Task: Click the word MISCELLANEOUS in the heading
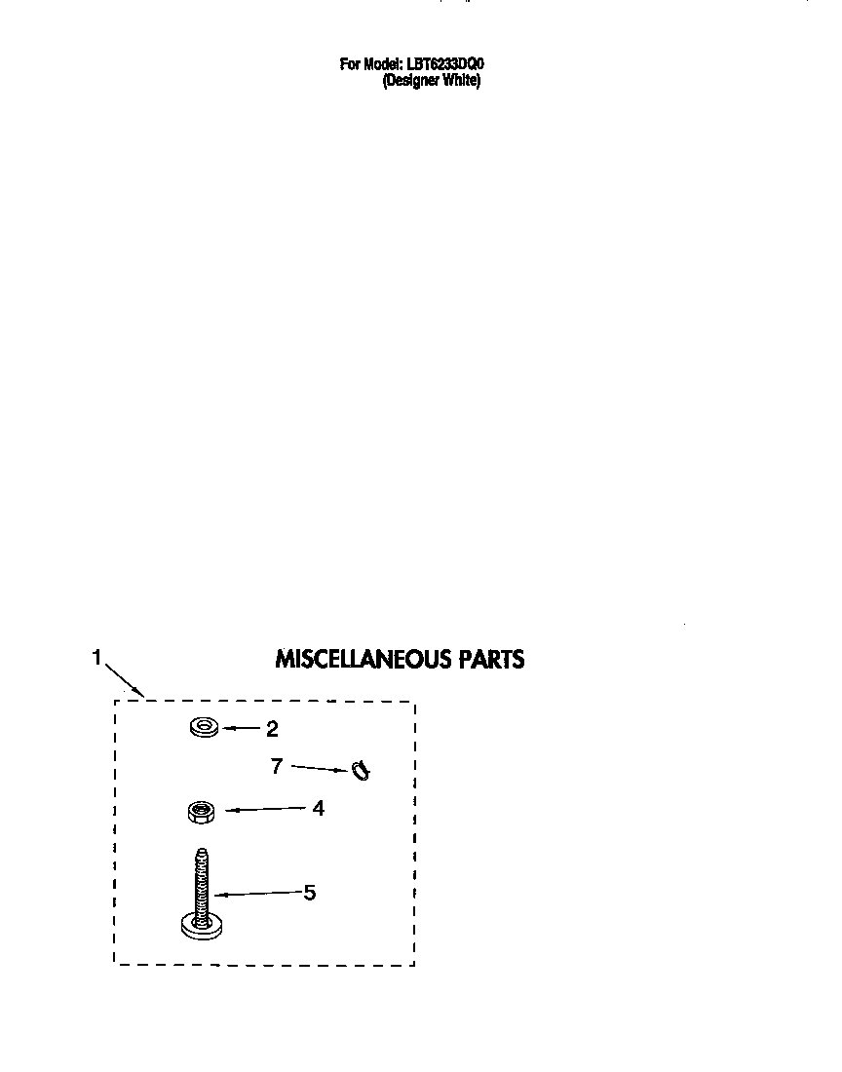pos(364,659)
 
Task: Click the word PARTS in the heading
pos(492,659)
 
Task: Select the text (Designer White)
pos(432,81)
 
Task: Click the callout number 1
pos(96,657)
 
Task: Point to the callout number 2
pos(272,730)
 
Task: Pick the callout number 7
pos(276,766)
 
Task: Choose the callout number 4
pos(318,808)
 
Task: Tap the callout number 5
pos(310,892)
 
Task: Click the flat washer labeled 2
pos(205,727)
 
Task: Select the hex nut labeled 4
pos(201,812)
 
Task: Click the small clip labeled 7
pos(362,771)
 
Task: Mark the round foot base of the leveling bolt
pos(202,927)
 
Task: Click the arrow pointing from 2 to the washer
pos(241,729)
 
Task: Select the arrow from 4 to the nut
pos(265,810)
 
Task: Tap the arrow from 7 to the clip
pos(321,769)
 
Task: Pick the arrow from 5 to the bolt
pos(258,893)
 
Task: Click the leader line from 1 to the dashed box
pos(124,680)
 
